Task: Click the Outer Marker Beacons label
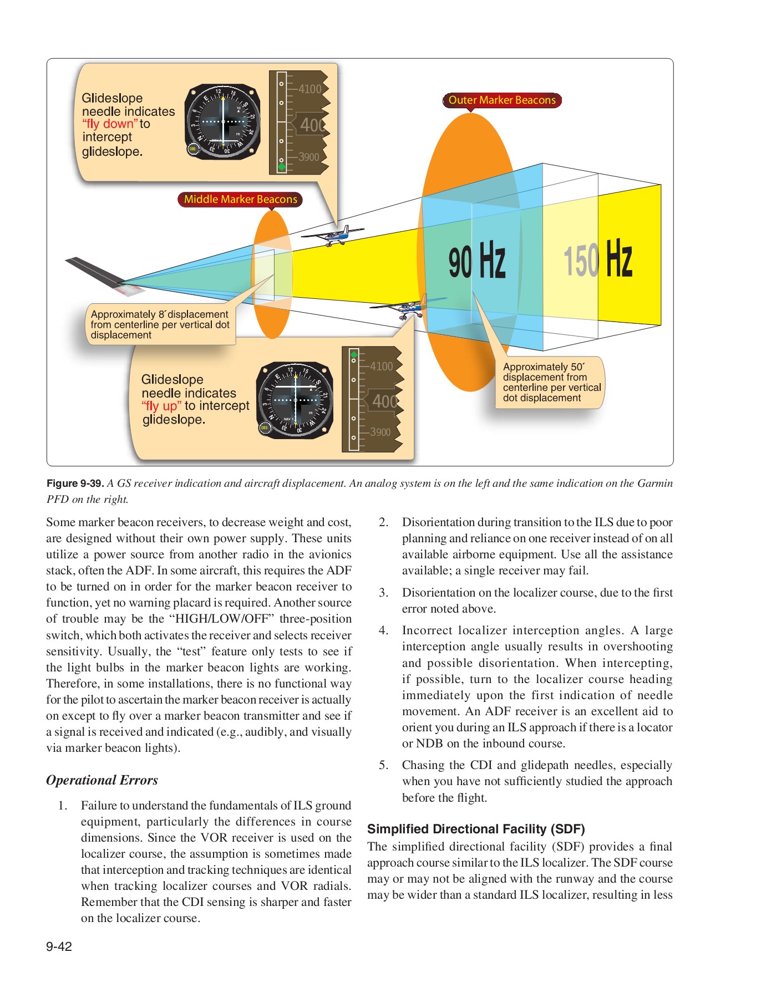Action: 501,100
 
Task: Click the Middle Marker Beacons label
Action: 240,199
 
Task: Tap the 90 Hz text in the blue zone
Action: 477,261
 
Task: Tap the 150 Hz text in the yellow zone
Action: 598,259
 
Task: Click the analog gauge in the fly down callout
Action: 223,122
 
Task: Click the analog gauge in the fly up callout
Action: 295,400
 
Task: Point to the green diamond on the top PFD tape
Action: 281,166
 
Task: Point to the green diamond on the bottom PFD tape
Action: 354,355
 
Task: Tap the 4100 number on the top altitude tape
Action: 310,89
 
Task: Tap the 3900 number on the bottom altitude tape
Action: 380,432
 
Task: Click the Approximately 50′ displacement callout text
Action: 551,382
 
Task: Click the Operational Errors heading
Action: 102,780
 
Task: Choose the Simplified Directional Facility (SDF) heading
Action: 476,829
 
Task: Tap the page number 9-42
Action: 59,946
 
